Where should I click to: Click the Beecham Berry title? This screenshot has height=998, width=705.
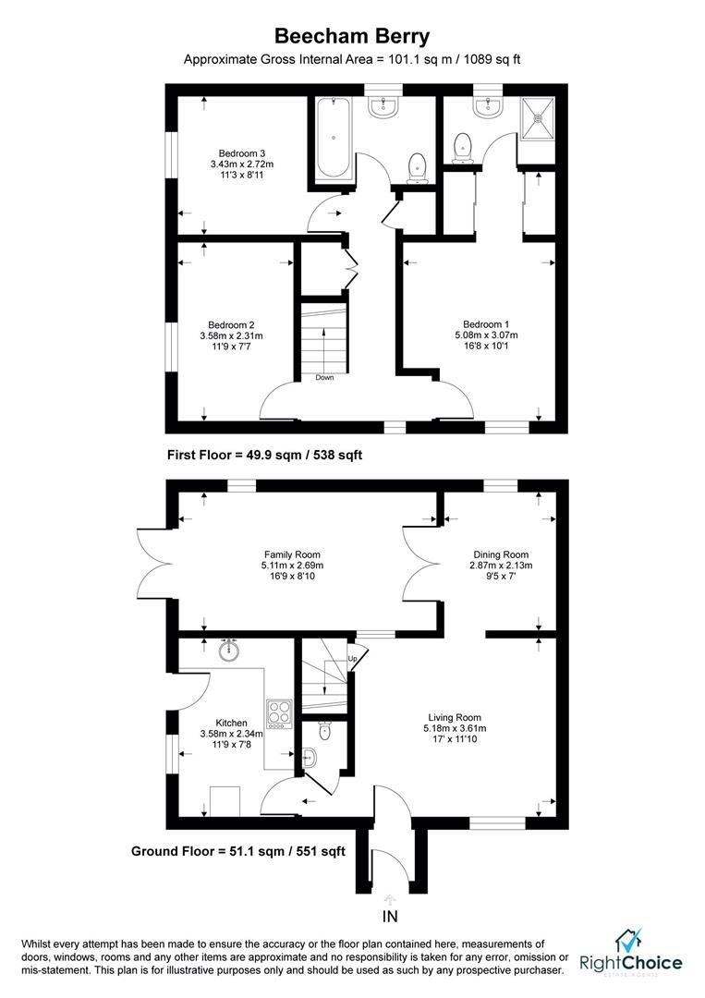click(352, 36)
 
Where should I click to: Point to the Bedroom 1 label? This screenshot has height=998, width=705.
click(486, 324)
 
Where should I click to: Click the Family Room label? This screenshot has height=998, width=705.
click(292, 554)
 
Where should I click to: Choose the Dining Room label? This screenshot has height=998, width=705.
click(501, 554)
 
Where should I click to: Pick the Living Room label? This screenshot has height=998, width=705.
click(455, 717)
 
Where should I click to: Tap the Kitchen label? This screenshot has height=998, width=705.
click(232, 723)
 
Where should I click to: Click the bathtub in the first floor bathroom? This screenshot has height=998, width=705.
click(333, 138)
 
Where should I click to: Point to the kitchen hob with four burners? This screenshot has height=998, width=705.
click(279, 714)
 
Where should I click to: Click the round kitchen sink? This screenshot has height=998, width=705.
click(229, 651)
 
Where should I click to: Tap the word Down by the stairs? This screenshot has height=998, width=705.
click(324, 377)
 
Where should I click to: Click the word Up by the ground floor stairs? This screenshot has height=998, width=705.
click(352, 658)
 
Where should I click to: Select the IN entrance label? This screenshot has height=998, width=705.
click(390, 917)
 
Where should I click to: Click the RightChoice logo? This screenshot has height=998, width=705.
click(630, 952)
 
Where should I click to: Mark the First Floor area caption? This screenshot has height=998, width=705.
click(264, 455)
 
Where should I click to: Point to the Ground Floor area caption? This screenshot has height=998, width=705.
click(238, 851)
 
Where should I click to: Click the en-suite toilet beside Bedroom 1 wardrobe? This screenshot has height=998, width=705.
click(463, 147)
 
